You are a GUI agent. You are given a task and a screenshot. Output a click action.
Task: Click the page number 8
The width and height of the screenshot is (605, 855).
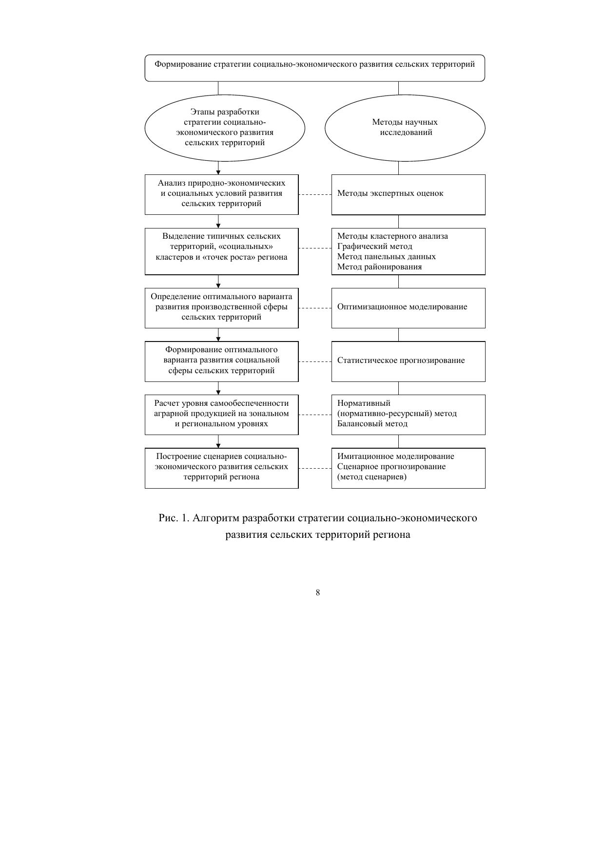(x=318, y=592)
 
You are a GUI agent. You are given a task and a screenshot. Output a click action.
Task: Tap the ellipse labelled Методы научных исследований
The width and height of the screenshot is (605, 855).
(x=405, y=128)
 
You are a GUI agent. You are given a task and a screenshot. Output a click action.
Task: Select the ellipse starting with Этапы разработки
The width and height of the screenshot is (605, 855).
(x=225, y=128)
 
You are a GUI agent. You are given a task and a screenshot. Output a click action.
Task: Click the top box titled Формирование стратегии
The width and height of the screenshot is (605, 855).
(x=314, y=68)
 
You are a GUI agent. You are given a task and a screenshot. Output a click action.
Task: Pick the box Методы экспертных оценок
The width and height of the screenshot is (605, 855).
(x=408, y=194)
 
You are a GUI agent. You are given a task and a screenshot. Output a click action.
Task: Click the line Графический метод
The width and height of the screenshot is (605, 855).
(x=375, y=247)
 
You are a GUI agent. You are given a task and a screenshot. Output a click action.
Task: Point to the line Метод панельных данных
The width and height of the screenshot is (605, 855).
(x=386, y=257)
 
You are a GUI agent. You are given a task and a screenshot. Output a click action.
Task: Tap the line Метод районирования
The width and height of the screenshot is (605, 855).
(x=379, y=267)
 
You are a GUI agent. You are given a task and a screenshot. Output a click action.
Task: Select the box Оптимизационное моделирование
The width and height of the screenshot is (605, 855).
(x=408, y=307)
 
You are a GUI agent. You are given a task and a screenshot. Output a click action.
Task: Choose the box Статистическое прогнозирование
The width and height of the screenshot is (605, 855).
(x=408, y=361)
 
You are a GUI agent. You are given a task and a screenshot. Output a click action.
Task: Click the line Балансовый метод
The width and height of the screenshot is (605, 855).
(x=372, y=424)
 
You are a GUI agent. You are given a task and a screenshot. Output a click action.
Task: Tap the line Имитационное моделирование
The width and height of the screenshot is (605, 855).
(x=395, y=456)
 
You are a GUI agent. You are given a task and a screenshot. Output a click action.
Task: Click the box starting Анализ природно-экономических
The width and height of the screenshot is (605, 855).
(x=221, y=194)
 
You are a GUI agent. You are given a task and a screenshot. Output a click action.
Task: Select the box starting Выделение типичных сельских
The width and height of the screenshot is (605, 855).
(x=221, y=251)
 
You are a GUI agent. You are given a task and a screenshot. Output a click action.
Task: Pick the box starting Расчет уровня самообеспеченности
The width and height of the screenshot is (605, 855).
(x=221, y=414)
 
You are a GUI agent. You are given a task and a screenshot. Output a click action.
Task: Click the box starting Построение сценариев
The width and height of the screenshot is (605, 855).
(x=221, y=468)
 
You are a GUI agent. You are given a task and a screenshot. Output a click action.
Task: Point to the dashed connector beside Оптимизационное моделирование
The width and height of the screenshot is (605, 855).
(x=315, y=308)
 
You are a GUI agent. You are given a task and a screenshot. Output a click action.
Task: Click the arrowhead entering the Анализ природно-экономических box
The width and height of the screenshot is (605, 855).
(x=218, y=172)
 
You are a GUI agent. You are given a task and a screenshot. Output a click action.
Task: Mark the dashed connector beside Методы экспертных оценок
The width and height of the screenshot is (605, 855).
(x=315, y=194)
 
